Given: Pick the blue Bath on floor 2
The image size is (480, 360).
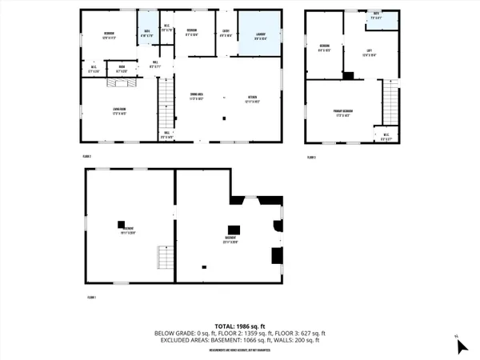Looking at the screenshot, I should click(x=147, y=34).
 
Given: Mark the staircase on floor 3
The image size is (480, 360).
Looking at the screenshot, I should click(x=390, y=101).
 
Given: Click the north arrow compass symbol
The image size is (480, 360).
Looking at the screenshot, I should click(x=461, y=346).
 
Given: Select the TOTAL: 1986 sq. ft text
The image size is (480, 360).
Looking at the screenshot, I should click(x=240, y=326).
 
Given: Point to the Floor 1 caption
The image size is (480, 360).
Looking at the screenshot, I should click(x=91, y=297).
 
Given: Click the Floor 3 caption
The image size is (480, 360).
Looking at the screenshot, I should click(x=312, y=157).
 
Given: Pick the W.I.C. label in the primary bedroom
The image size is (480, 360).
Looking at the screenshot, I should click(x=386, y=136).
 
